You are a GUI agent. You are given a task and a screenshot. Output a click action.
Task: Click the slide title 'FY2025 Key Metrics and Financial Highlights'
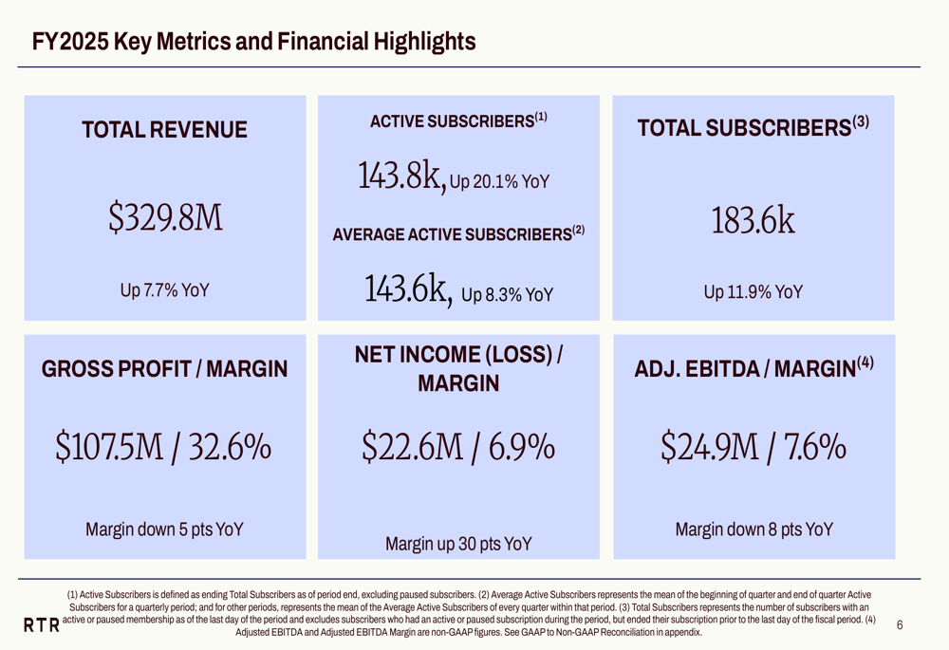(253, 42)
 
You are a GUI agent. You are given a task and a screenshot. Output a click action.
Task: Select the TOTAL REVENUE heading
(165, 130)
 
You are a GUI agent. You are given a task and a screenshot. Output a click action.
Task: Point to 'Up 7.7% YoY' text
(165, 291)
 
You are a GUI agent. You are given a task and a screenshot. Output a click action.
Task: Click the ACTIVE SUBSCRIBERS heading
(458, 121)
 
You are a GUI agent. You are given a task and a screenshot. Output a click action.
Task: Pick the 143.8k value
(401, 175)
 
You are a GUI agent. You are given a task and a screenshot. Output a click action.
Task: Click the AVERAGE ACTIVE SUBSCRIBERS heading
(458, 233)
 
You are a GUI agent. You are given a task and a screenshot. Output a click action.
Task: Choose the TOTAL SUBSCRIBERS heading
(754, 127)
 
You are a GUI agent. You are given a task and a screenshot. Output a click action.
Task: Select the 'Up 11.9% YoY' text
(754, 292)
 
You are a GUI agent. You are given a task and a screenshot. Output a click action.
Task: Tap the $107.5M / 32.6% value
(165, 444)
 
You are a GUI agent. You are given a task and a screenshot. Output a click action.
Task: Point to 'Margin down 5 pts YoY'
(165, 529)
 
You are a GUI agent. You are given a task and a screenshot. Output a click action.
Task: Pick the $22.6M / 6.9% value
(458, 444)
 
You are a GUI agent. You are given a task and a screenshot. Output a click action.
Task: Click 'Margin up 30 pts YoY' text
(458, 544)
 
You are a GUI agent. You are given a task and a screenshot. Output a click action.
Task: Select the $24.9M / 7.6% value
(754, 444)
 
